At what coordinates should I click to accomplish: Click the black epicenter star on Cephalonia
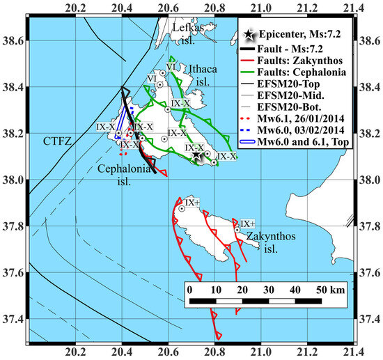pos(198,157)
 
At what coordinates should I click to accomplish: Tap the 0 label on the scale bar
pos(190,288)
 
